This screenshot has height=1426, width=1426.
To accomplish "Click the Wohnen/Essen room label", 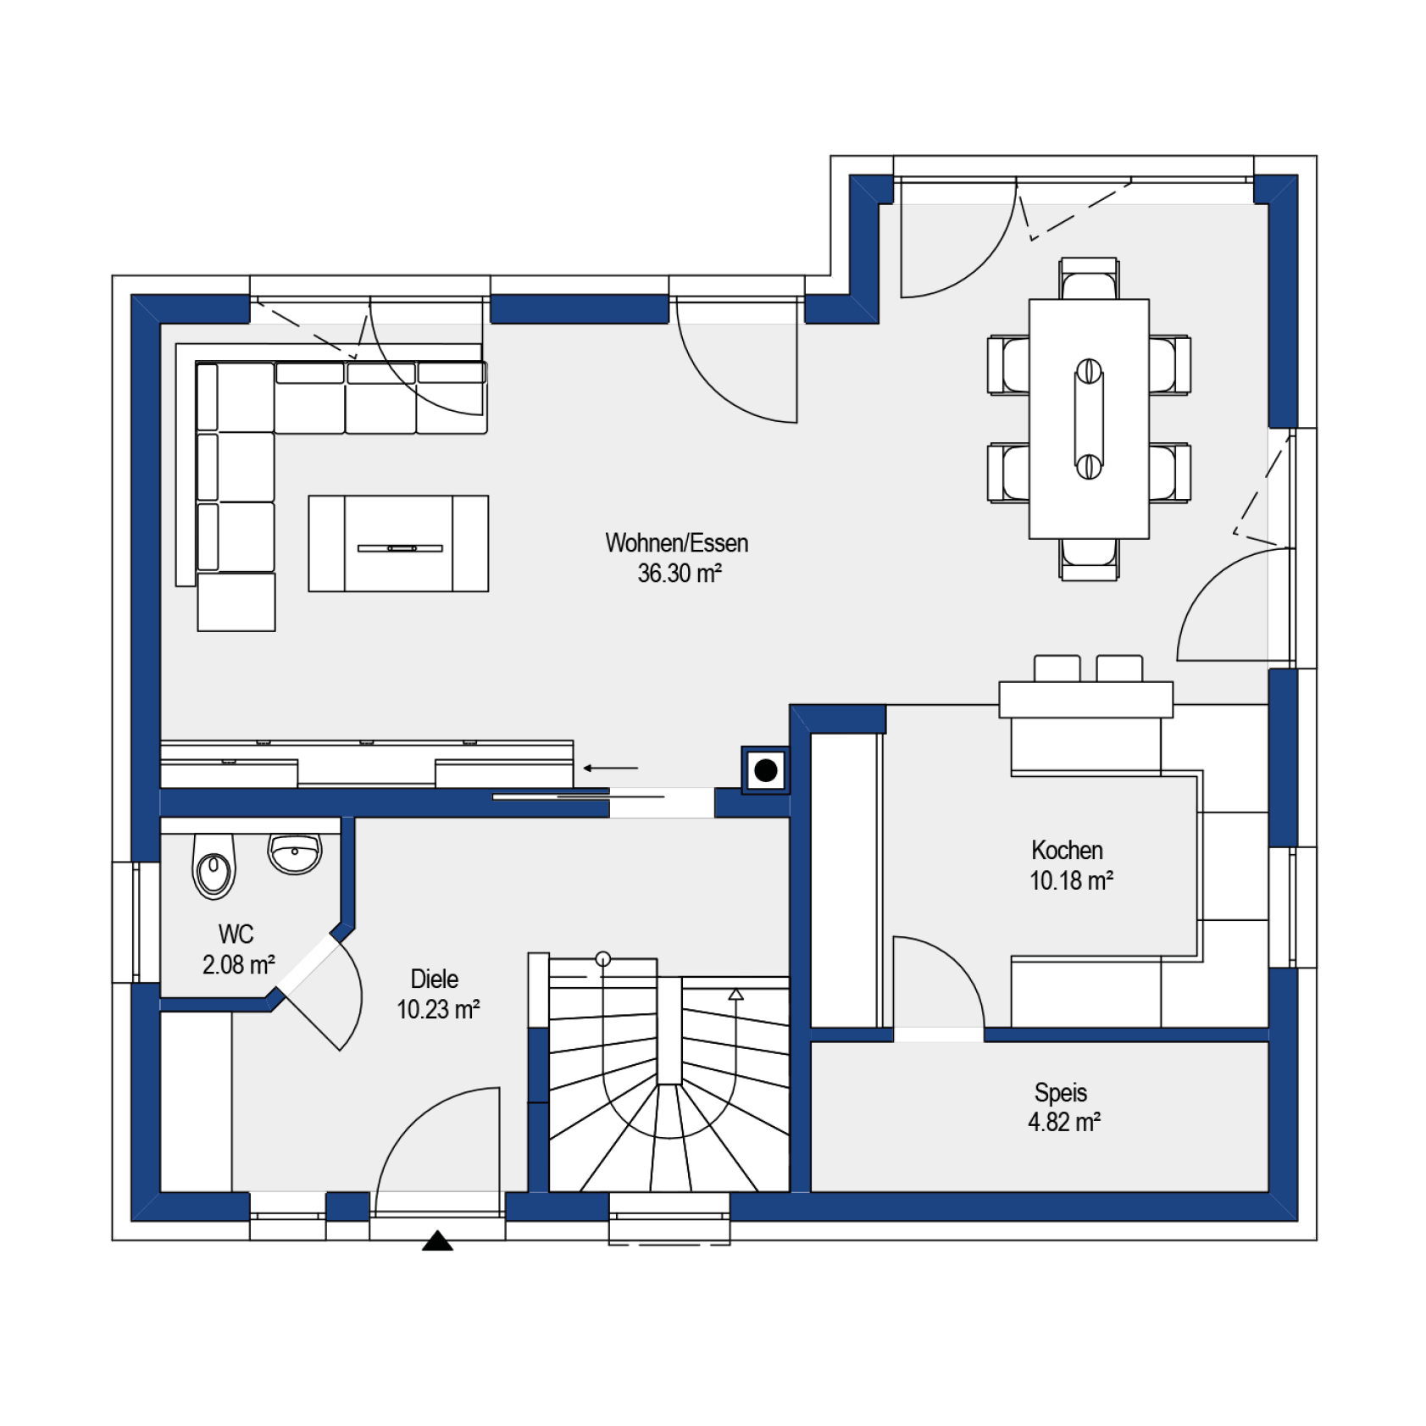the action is click(676, 543).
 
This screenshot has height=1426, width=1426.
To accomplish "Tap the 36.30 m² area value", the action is click(680, 574).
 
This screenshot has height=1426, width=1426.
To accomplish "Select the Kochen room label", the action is click(1067, 850).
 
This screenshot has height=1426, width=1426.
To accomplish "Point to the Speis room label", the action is click(1060, 1092).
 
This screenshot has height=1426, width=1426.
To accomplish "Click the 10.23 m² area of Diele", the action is click(438, 1009).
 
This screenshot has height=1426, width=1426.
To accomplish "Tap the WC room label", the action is click(236, 934).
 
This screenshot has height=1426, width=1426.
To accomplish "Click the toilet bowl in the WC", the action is click(214, 866).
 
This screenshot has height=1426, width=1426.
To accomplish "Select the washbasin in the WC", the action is click(295, 852).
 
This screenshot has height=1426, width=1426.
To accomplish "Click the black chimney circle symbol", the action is click(765, 770).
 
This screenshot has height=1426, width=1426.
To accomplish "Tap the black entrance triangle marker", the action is click(437, 1240).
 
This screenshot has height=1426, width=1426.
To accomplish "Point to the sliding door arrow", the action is click(610, 768).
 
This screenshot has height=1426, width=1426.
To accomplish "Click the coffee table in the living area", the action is click(398, 543).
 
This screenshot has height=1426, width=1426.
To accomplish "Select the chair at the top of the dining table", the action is click(1089, 279).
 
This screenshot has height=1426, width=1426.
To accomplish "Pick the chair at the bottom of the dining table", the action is click(1089, 559).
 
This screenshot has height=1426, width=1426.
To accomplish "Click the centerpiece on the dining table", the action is click(1089, 419).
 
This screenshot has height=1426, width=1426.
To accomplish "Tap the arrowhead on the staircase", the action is click(735, 994).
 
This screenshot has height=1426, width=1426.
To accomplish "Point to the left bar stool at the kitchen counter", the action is click(1057, 669).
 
